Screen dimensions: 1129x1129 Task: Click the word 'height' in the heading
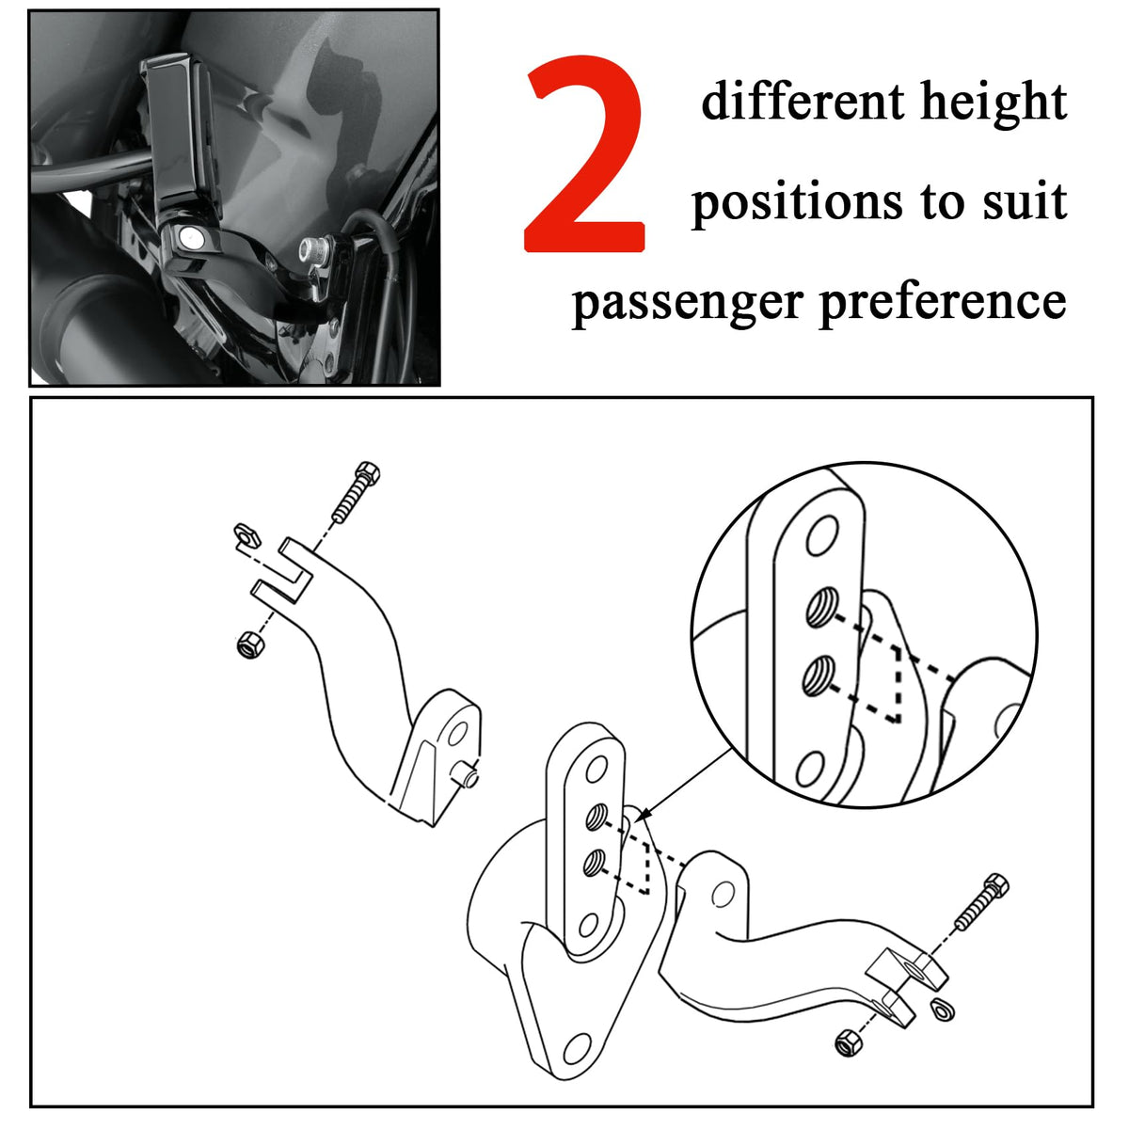994,103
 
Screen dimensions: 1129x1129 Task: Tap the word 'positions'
797,202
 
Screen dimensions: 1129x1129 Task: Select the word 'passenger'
686,303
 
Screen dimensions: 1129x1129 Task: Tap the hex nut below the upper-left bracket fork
250,645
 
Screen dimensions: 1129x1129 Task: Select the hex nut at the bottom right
848,1042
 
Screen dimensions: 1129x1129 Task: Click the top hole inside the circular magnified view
822,535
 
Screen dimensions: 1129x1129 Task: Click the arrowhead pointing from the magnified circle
643,814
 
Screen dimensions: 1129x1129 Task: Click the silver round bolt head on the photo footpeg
189,237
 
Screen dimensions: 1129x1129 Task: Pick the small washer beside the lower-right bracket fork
942,1009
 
